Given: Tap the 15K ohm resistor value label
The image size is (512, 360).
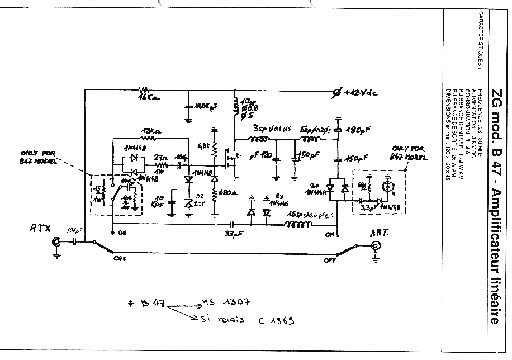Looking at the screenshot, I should point(146,98).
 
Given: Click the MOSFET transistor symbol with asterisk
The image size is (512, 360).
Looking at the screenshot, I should point(231,157).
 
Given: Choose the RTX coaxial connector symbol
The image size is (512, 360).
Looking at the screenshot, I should point(56,243).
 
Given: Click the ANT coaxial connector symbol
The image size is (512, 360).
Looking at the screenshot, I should point(376,247).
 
